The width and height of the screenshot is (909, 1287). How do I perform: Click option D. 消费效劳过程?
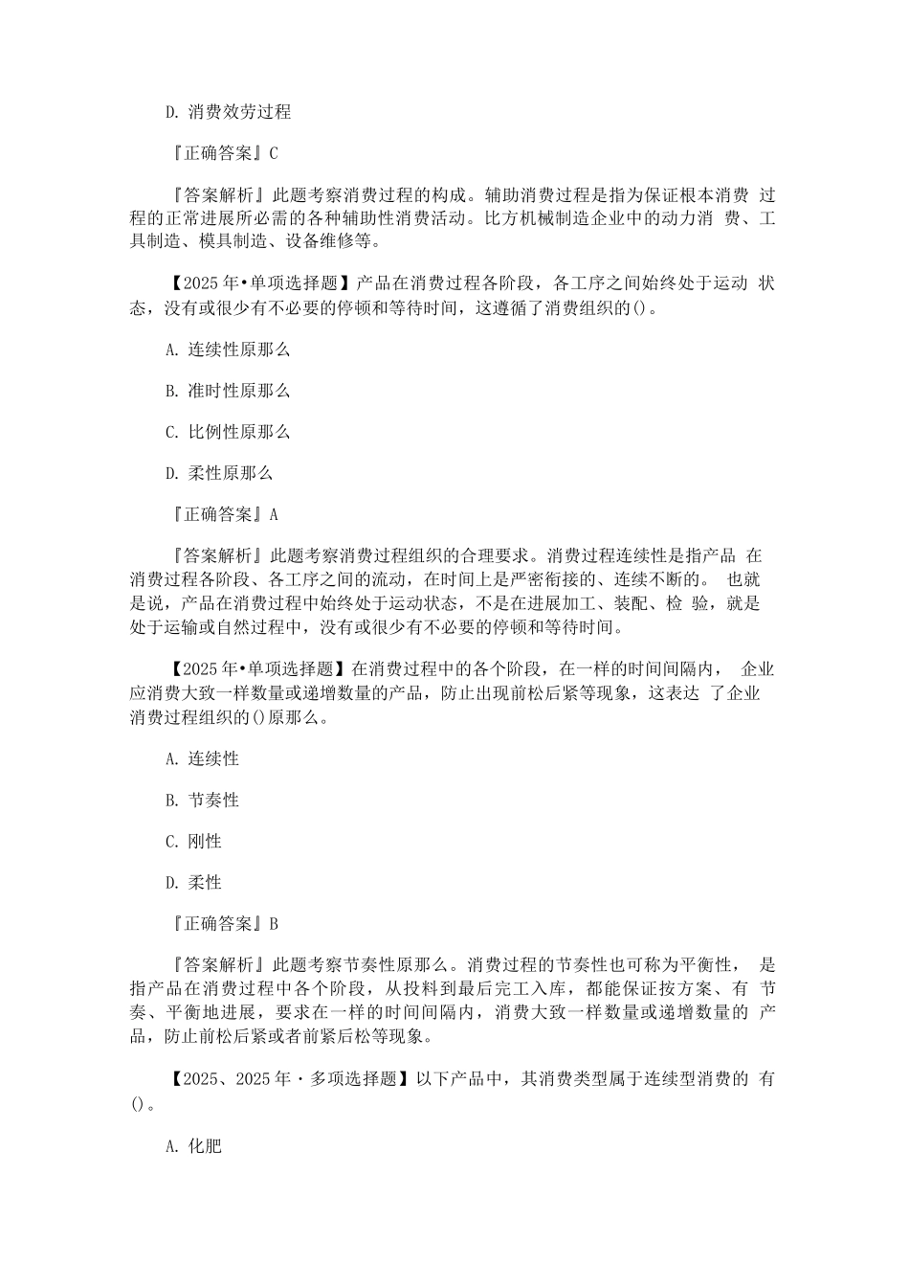click(x=228, y=112)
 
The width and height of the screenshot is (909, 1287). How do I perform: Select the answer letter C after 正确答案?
click(x=274, y=153)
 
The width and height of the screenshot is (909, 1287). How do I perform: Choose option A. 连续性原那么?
click(x=228, y=350)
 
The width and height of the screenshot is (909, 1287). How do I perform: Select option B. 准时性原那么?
click(x=228, y=391)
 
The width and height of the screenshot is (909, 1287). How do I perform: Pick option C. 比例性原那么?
click(x=228, y=432)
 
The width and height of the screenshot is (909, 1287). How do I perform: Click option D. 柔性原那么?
click(x=219, y=473)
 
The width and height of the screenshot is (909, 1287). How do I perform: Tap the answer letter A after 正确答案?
click(x=274, y=514)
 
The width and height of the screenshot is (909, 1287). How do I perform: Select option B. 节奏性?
click(x=201, y=801)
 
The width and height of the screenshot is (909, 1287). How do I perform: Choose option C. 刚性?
click(x=193, y=842)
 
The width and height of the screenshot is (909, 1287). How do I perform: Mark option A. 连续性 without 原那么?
click(x=201, y=759)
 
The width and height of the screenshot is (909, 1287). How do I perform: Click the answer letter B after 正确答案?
click(x=274, y=924)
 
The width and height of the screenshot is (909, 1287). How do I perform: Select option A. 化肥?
click(x=193, y=1145)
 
